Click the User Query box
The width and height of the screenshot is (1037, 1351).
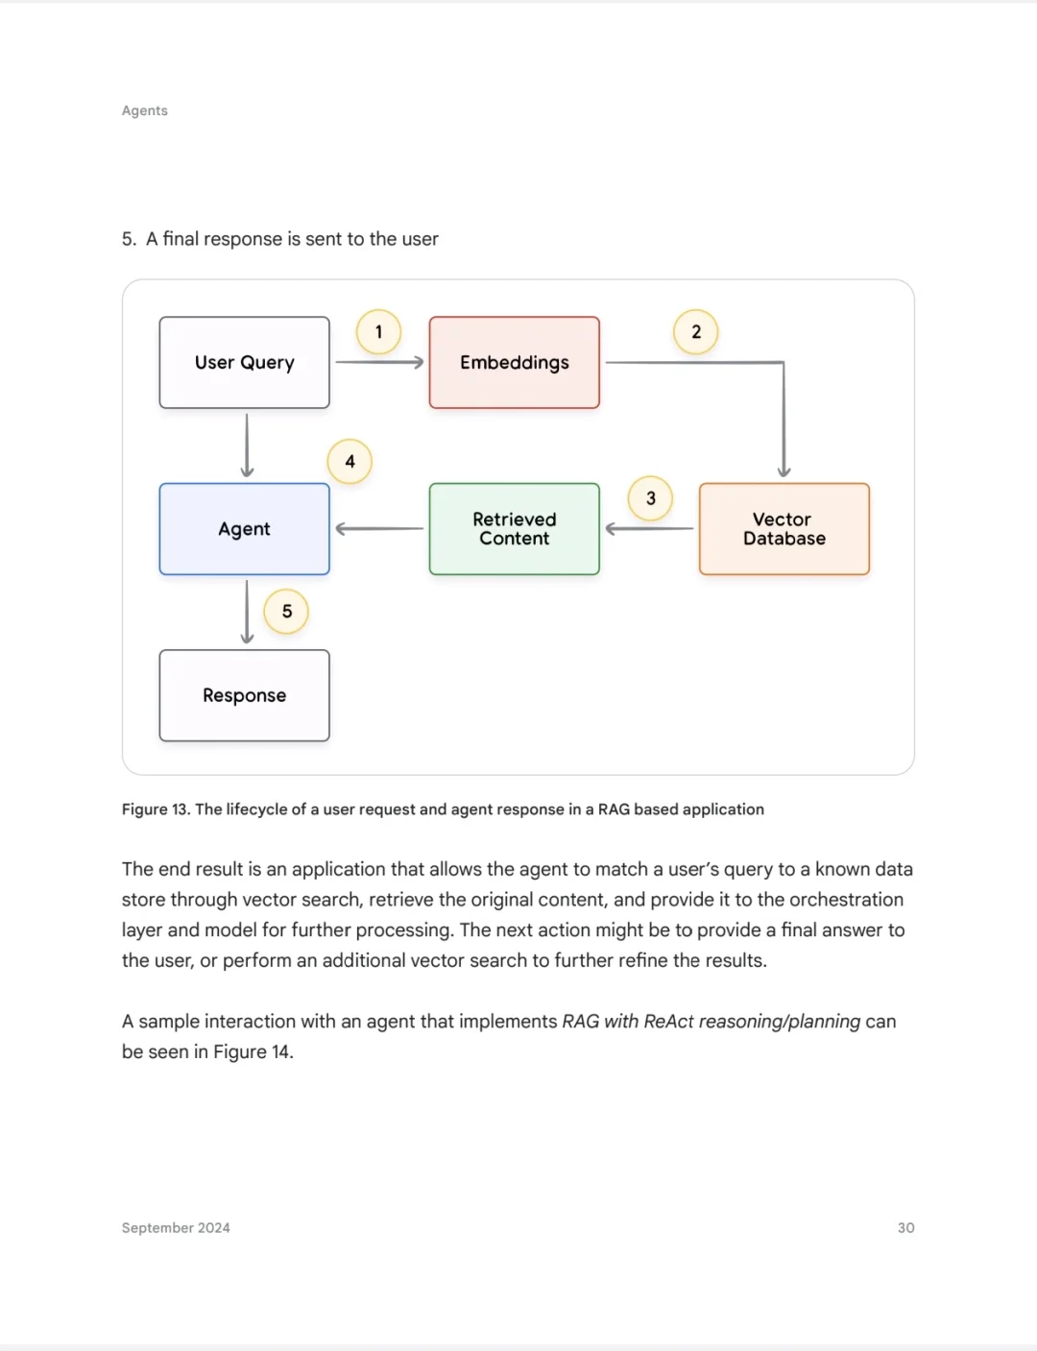point(244,362)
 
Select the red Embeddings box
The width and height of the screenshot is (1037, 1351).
point(514,362)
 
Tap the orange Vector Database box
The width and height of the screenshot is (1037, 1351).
point(784,529)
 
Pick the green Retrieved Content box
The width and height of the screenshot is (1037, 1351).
point(514,529)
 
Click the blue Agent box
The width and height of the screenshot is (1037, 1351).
point(244,529)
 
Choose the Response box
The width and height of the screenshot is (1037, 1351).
point(244,696)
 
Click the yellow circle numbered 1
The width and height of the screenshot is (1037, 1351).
point(378,332)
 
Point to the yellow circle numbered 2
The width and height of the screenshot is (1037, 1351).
point(696,332)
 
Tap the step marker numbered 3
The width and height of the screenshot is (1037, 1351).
point(650,498)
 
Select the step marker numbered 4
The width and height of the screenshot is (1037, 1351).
point(350,462)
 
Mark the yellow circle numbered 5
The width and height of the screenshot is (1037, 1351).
point(286,612)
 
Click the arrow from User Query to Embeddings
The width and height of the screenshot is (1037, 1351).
point(379,362)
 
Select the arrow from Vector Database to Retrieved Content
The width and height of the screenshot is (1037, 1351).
point(649,528)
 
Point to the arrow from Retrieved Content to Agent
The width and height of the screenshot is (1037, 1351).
point(379,528)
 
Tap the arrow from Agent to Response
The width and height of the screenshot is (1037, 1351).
point(247,613)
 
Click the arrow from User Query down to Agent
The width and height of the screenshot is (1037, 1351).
point(247,446)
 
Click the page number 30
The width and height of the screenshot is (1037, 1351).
point(905,1228)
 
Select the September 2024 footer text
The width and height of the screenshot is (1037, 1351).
point(176,1228)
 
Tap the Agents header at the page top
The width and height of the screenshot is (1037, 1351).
point(145,110)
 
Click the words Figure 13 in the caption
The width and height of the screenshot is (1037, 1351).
point(156,809)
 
